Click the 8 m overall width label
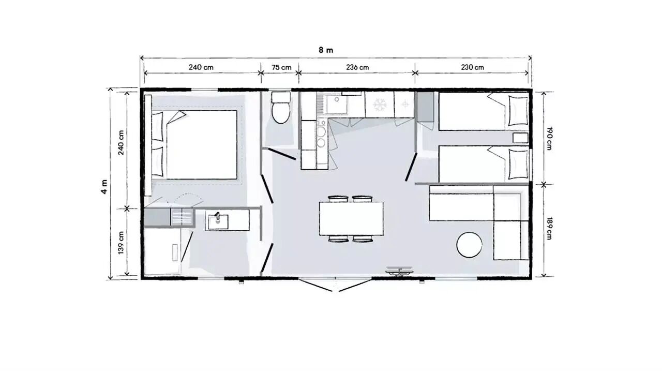(326, 50)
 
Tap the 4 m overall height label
(104, 186)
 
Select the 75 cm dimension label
(281, 67)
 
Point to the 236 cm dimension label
(357, 67)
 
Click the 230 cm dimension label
(472, 67)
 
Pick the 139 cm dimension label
(121, 243)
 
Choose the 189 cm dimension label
(549, 229)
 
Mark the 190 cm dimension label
(549, 138)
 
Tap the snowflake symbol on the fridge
(380, 105)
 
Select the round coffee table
(469, 245)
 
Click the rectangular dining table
(351, 219)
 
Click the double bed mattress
(202, 145)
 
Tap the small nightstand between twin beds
(520, 138)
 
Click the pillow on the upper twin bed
(518, 111)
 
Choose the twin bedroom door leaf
(411, 167)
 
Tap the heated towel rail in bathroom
(182, 217)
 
